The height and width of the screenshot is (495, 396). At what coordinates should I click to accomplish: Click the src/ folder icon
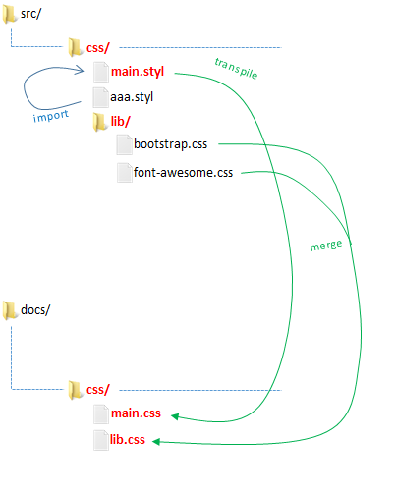[10, 15]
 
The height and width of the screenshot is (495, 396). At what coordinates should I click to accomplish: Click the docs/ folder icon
[10, 310]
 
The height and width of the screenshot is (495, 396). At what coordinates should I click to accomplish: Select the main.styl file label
[138, 72]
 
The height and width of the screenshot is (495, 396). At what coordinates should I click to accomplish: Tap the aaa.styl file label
[132, 97]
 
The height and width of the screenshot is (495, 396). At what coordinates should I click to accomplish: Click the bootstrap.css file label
[170, 144]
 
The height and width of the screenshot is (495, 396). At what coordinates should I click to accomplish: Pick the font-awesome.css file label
[183, 172]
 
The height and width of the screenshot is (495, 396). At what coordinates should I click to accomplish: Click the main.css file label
[136, 413]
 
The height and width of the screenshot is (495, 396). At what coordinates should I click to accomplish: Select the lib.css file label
[128, 440]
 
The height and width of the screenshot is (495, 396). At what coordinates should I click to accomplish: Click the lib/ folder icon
[100, 122]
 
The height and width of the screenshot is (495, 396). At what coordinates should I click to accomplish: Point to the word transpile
[236, 68]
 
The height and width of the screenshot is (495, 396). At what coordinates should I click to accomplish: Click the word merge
[326, 245]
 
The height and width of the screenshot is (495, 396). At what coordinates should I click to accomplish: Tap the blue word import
[51, 116]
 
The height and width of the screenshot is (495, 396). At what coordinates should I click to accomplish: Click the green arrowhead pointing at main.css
[175, 416]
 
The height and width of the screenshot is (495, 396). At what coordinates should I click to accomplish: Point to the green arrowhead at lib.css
[156, 442]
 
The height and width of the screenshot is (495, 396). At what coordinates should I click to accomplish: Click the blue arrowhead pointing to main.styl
[80, 69]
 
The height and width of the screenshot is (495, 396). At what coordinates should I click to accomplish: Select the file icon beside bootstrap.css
[125, 145]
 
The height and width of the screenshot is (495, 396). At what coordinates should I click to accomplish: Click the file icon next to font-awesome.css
[125, 173]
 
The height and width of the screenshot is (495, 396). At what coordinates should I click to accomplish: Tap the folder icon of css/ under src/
[76, 47]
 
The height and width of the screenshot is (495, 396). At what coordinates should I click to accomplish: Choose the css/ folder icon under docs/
[76, 390]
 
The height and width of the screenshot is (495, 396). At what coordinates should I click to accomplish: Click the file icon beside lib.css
[101, 440]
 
